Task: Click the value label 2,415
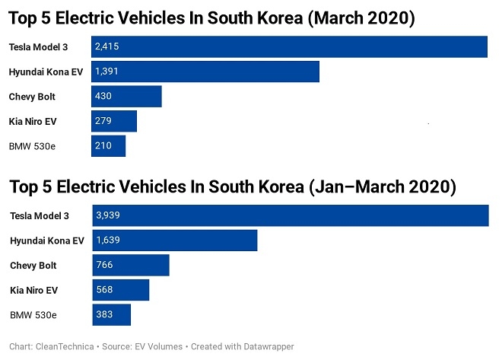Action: click(x=106, y=47)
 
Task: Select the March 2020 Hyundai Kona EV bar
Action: click(x=205, y=72)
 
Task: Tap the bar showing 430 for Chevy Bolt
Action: click(x=126, y=97)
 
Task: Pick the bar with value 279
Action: click(x=114, y=122)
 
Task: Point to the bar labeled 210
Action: click(x=108, y=146)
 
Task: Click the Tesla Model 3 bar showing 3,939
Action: click(x=290, y=215)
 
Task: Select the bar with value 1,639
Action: click(x=174, y=241)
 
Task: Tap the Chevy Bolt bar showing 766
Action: click(x=130, y=266)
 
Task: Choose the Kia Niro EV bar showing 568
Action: click(x=120, y=290)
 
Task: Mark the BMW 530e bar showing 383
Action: click(x=111, y=314)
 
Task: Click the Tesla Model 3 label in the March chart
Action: click(x=38, y=47)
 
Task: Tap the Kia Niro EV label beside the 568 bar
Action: click(x=34, y=290)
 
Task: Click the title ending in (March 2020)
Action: click(x=211, y=17)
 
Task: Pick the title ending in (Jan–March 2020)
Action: click(x=232, y=186)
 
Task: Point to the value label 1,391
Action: click(x=106, y=72)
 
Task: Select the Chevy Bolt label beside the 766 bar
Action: click(x=33, y=266)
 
